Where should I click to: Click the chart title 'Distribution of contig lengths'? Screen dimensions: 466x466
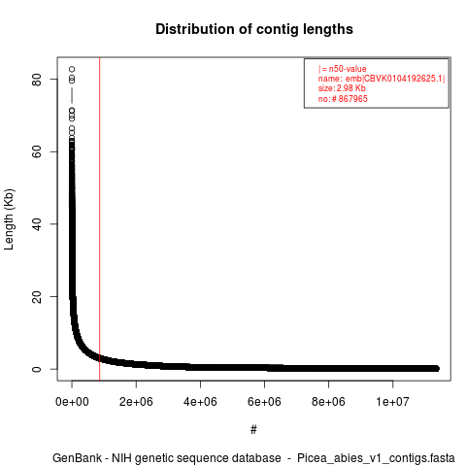point(254,29)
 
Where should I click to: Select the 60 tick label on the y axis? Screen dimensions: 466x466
point(37,151)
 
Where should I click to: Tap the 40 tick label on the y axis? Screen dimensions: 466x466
point(37,224)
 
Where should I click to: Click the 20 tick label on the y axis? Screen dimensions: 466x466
point(37,296)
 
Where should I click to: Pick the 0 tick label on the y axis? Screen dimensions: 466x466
point(37,369)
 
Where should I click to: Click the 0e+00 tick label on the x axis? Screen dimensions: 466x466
point(72,402)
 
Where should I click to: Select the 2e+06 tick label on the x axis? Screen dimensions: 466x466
point(136,402)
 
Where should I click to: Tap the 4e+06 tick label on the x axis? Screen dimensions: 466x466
point(200,402)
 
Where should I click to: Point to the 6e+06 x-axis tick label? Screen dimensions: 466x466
point(264,402)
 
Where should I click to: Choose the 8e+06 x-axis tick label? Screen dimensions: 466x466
point(328,402)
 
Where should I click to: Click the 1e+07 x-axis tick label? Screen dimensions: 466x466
point(392,402)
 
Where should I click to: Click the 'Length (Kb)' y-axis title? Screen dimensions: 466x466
point(9,219)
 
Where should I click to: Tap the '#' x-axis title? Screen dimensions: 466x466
point(253,430)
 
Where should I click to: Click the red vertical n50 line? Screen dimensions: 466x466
point(100,219)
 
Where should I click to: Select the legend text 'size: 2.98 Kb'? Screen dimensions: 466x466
point(342,88)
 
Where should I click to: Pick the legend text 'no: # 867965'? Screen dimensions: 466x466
point(343,98)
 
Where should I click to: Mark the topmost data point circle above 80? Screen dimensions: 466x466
point(72,69)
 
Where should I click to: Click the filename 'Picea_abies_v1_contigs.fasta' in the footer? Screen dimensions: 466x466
point(376,458)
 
